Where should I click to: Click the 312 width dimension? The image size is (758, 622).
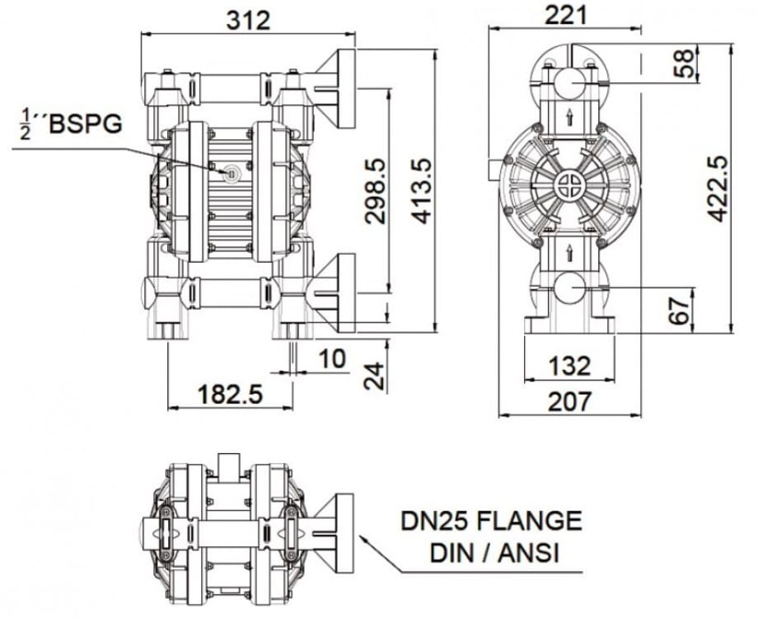pyautogui.click(x=249, y=21)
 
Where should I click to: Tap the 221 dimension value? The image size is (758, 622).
pyautogui.click(x=566, y=15)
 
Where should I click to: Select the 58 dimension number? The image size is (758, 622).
pyautogui.click(x=683, y=63)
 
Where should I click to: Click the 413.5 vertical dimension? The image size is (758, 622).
pyautogui.click(x=422, y=191)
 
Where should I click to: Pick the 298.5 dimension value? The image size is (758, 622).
pyautogui.click(x=375, y=191)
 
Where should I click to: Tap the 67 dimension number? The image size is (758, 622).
pyautogui.click(x=678, y=311)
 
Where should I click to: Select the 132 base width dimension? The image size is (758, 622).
pyautogui.click(x=569, y=366)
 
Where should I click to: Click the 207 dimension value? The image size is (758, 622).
pyautogui.click(x=569, y=401)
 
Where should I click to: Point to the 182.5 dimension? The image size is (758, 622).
pyautogui.click(x=231, y=394)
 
